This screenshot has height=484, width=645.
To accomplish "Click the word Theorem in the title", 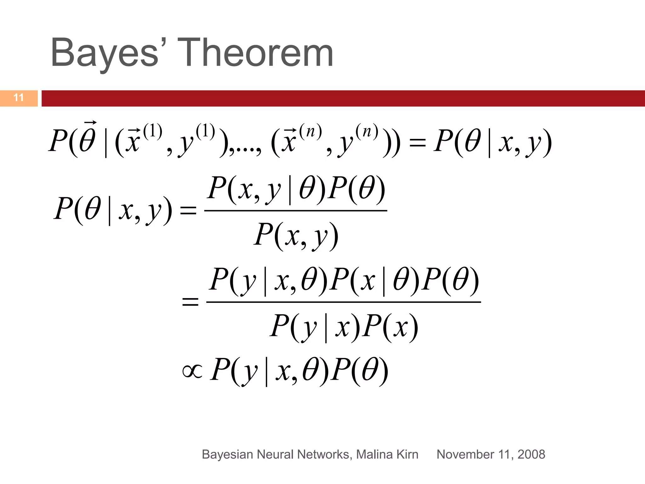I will [257, 53].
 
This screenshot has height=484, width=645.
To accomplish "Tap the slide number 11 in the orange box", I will [19, 98].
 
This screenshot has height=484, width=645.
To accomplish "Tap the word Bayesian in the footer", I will [227, 454].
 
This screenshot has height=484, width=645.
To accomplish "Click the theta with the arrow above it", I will [87, 139].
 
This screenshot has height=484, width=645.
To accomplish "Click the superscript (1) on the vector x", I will [153, 130].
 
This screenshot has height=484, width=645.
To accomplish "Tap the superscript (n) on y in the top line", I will [367, 130].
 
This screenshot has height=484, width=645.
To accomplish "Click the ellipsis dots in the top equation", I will [244, 150].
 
